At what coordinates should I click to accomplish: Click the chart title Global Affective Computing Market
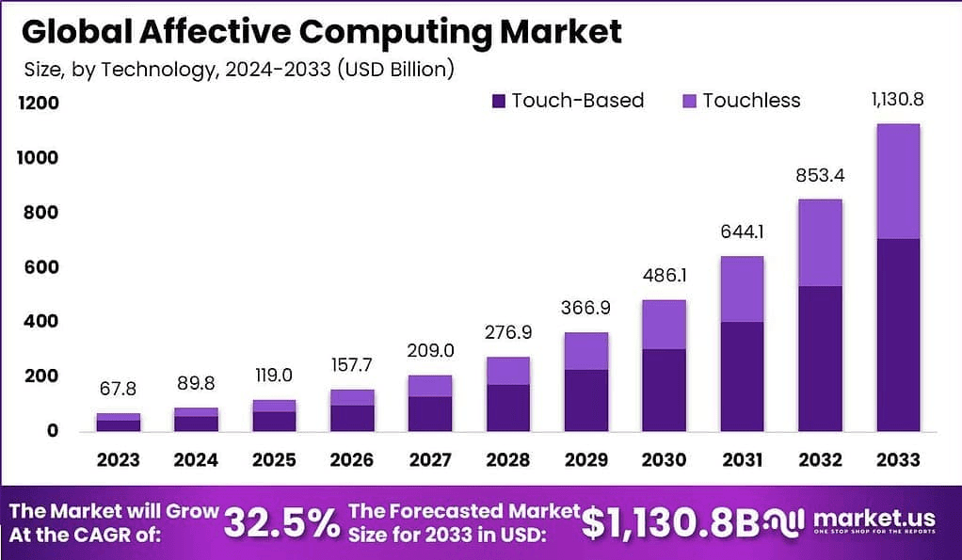pos(321,31)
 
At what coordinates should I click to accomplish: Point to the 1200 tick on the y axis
pos(40,103)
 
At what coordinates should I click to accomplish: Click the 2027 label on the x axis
pos(431,460)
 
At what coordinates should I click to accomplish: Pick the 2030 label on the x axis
pos(665,460)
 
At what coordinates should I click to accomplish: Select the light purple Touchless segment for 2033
pos(897,181)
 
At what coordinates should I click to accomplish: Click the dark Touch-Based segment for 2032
pos(820,359)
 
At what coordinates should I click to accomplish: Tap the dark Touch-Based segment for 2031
pos(742,376)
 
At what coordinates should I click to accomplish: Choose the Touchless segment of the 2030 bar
pos(665,325)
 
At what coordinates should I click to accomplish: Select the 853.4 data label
pos(820,176)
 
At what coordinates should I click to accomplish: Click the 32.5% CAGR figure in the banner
pos(282,523)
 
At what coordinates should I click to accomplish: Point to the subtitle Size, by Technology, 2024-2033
pos(239,69)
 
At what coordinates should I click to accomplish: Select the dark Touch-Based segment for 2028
pos(509,408)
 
